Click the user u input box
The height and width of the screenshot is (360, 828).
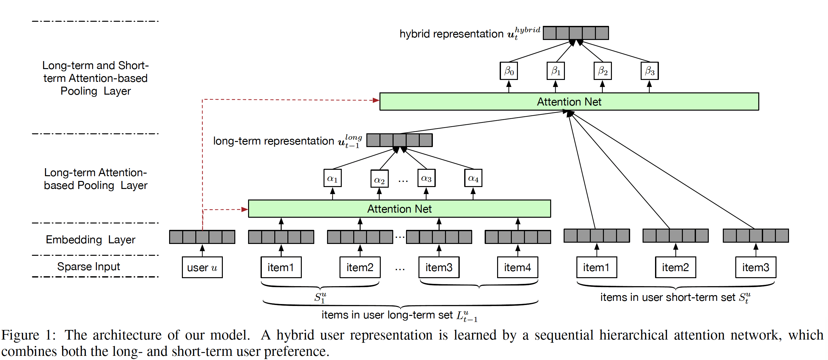[202, 267]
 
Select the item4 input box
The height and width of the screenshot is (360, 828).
[518, 267]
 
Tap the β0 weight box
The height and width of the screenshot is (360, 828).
[509, 71]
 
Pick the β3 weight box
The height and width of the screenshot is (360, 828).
[650, 71]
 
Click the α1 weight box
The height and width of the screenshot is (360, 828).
[332, 178]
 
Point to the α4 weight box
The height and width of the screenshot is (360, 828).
[473, 178]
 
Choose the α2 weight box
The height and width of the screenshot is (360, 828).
[379, 179]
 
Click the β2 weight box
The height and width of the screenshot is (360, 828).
[603, 71]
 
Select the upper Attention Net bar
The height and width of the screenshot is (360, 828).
[569, 102]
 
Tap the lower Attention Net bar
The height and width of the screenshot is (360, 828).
[399, 208]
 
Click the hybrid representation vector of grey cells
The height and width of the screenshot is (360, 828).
[576, 33]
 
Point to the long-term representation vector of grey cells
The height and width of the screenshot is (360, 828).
[400, 140]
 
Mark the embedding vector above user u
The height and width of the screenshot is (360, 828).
[202, 237]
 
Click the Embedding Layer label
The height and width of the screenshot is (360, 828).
[90, 239]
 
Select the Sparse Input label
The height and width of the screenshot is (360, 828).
[88, 266]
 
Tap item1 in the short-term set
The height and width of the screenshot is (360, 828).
[597, 267]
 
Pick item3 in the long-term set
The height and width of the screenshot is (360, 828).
[439, 267]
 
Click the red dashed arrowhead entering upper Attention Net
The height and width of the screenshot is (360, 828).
[376, 100]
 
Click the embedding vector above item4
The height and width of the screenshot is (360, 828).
[518, 237]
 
